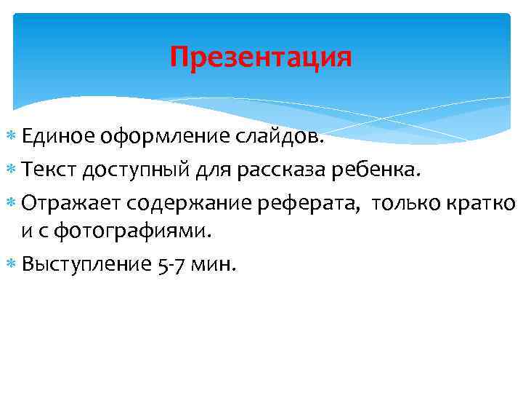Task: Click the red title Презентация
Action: [261, 57]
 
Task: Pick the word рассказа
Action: [279, 172]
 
